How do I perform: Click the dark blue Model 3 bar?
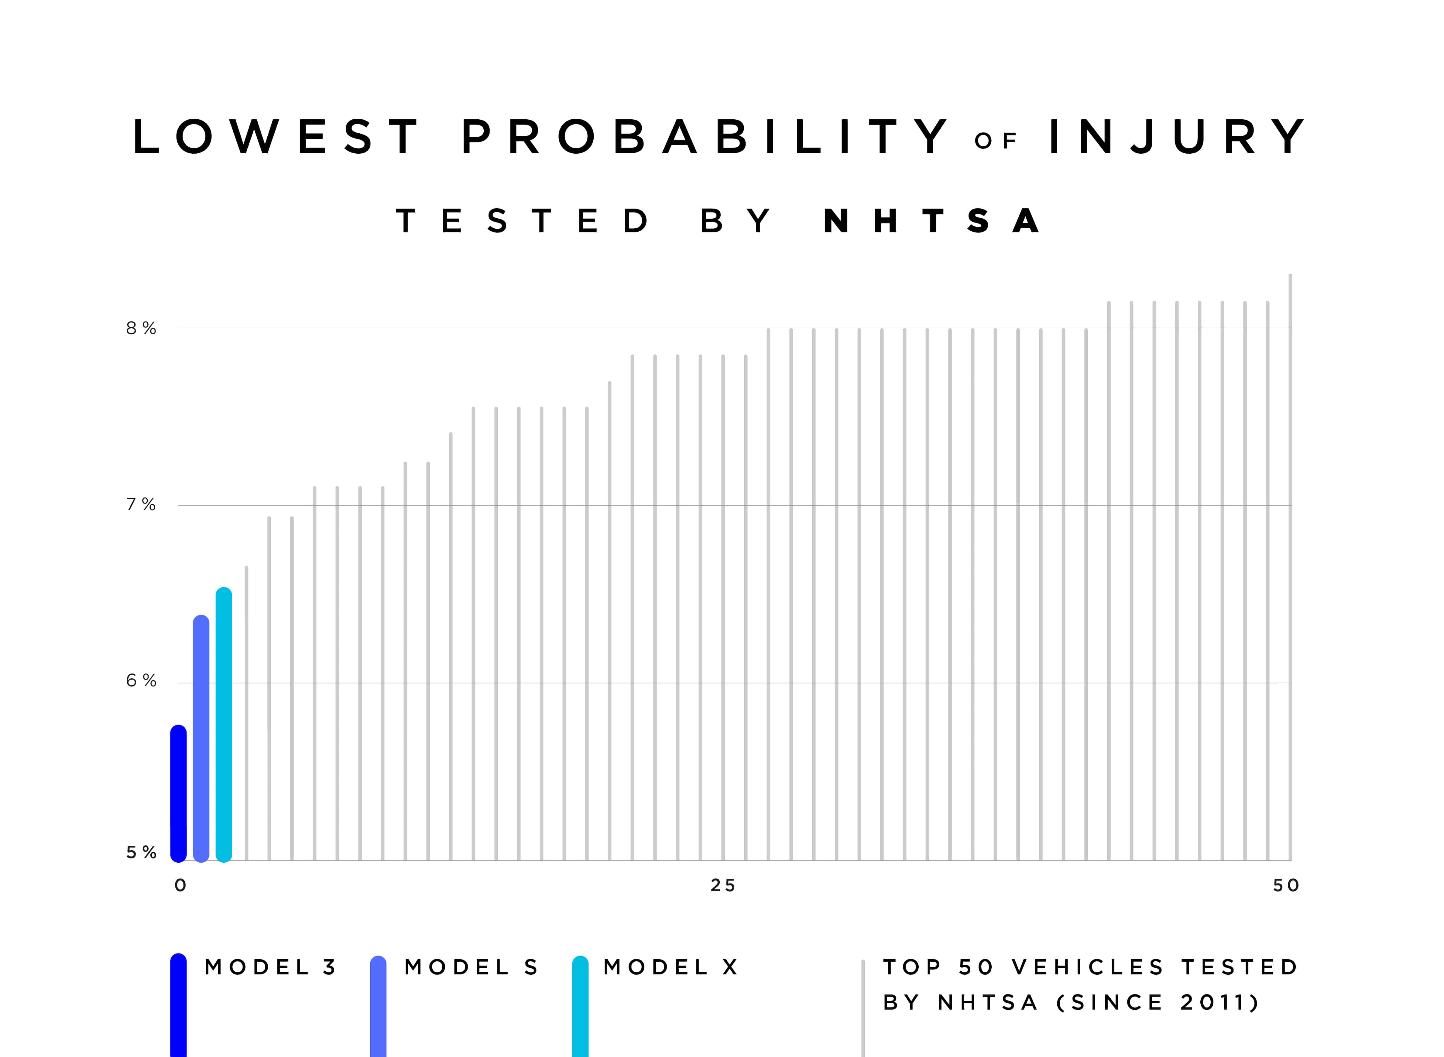[179, 793]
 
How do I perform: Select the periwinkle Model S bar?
[201, 739]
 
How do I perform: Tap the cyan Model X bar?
[223, 725]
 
